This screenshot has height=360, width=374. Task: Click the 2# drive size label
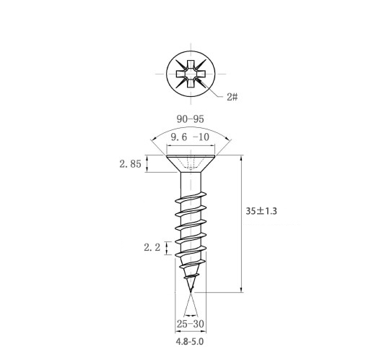[x=232, y=97]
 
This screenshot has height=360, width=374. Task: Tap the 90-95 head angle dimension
[x=191, y=119]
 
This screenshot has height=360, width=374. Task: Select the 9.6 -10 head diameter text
[x=190, y=137]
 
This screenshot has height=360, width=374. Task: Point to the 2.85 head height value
[x=130, y=164]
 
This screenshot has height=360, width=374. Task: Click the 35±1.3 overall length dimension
[x=261, y=211]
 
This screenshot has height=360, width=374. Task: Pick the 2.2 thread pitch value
[x=152, y=247]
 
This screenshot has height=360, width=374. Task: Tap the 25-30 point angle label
[x=191, y=324]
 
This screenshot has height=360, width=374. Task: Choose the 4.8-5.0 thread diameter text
[x=190, y=341]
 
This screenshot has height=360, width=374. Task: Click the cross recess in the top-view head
[x=191, y=74]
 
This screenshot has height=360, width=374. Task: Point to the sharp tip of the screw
[x=191, y=292]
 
